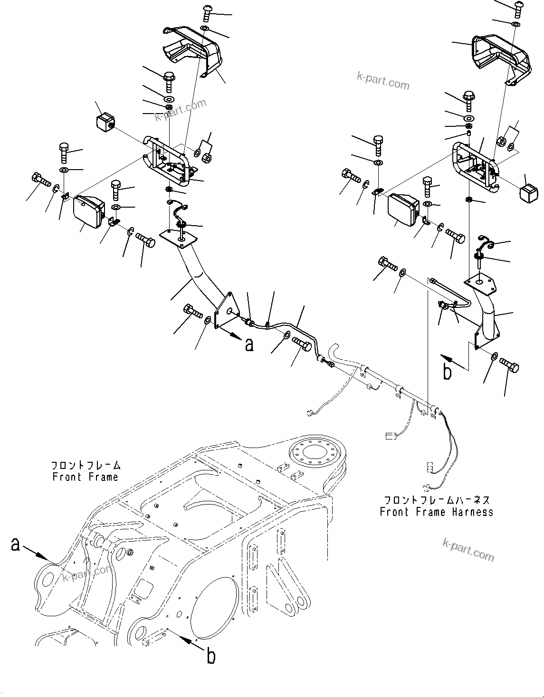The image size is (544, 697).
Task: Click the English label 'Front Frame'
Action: [x=85, y=477]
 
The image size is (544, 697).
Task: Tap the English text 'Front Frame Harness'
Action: [x=436, y=512]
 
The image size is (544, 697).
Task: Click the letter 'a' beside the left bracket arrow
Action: [x=249, y=344]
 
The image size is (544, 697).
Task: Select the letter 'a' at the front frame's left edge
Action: [x=16, y=544]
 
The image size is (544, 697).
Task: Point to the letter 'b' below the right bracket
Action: [x=447, y=372]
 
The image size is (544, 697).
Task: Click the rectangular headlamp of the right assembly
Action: [x=403, y=210]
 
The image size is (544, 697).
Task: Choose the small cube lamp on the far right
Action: [x=528, y=194]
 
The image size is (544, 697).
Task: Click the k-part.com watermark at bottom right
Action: [x=468, y=549]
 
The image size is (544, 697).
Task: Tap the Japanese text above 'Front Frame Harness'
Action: [x=436, y=500]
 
